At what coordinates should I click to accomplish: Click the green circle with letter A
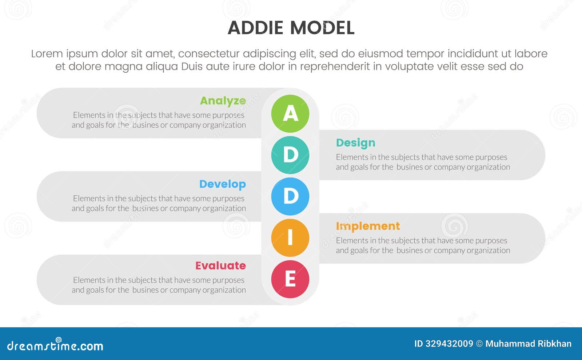(x=290, y=113)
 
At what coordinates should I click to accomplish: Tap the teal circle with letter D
(x=290, y=155)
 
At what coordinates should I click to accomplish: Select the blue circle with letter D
(x=290, y=196)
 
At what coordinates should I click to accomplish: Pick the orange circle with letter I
(x=290, y=238)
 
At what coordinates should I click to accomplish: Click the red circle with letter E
(x=290, y=279)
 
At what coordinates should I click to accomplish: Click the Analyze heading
(x=223, y=101)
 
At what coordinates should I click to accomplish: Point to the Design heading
(x=355, y=143)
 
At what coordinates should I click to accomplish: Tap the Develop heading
(x=222, y=184)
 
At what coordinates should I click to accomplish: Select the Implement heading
(x=367, y=226)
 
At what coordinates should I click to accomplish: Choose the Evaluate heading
(x=220, y=266)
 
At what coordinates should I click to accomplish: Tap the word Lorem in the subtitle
(x=47, y=54)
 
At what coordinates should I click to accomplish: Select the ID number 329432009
(x=449, y=344)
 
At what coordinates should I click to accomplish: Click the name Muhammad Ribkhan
(x=528, y=344)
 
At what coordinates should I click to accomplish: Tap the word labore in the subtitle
(x=531, y=54)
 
